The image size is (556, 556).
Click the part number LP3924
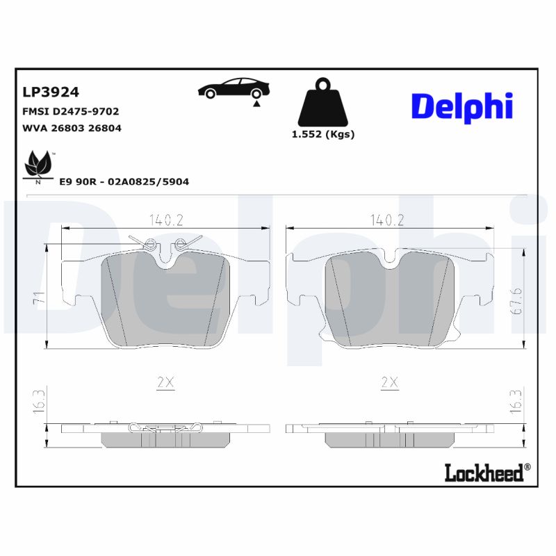(51, 92)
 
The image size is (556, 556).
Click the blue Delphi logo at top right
(462, 106)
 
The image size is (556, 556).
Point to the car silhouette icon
(234, 88)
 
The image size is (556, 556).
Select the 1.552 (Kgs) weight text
(322, 135)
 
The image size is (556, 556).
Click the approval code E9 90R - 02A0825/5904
(124, 182)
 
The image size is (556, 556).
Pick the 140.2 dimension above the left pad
(165, 220)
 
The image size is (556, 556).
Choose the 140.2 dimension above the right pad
(388, 220)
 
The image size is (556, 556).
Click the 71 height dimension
(40, 300)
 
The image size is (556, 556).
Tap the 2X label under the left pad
(165, 382)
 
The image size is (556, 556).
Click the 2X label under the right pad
(389, 382)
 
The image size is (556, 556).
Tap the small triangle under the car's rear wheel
(256, 103)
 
